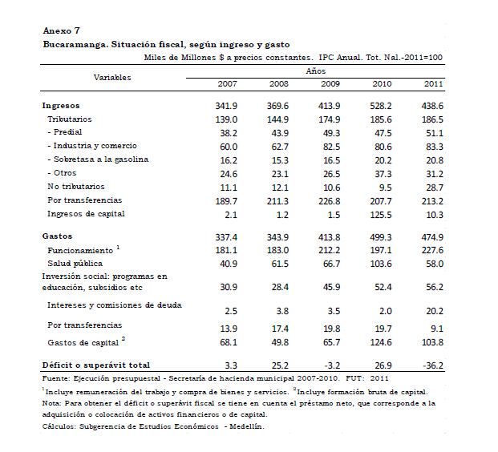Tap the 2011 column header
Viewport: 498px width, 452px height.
[433, 83]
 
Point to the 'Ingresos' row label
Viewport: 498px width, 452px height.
[61, 105]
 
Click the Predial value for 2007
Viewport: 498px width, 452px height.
[227, 132]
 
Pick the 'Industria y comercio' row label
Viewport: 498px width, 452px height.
[92, 146]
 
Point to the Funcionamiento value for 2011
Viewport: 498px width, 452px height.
[432, 250]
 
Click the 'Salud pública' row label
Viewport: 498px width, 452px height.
[76, 264]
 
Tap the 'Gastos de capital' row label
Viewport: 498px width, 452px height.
[83, 343]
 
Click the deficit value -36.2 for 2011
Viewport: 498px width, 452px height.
[432, 365]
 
